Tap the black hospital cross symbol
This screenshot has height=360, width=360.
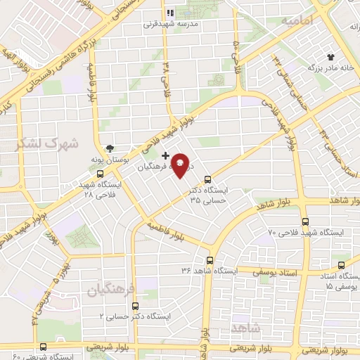coord(165,155)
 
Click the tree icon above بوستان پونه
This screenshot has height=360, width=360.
coord(110,148)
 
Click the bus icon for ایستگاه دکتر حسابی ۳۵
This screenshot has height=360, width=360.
coord(207,179)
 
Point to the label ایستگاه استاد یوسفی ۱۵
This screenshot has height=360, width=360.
coord(335,281)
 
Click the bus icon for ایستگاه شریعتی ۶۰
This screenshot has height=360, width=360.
coord(43,347)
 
